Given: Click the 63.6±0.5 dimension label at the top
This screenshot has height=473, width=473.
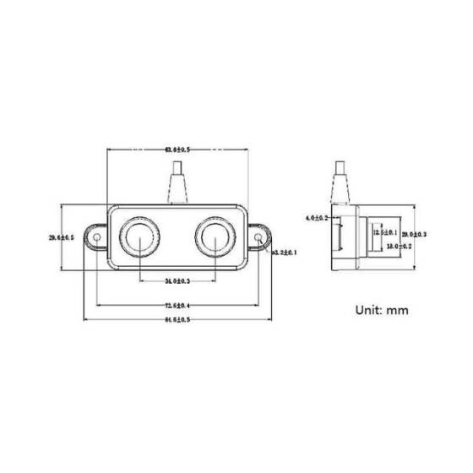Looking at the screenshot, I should pyautogui.click(x=177, y=150).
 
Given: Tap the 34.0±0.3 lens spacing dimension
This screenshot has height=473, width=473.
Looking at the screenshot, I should pyautogui.click(x=177, y=280).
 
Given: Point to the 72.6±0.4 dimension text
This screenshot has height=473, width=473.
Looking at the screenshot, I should pyautogui.click(x=177, y=305).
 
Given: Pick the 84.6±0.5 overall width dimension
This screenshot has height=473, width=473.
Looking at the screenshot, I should pyautogui.click(x=177, y=320).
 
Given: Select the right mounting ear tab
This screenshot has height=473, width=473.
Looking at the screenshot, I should pyautogui.click(x=258, y=239).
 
